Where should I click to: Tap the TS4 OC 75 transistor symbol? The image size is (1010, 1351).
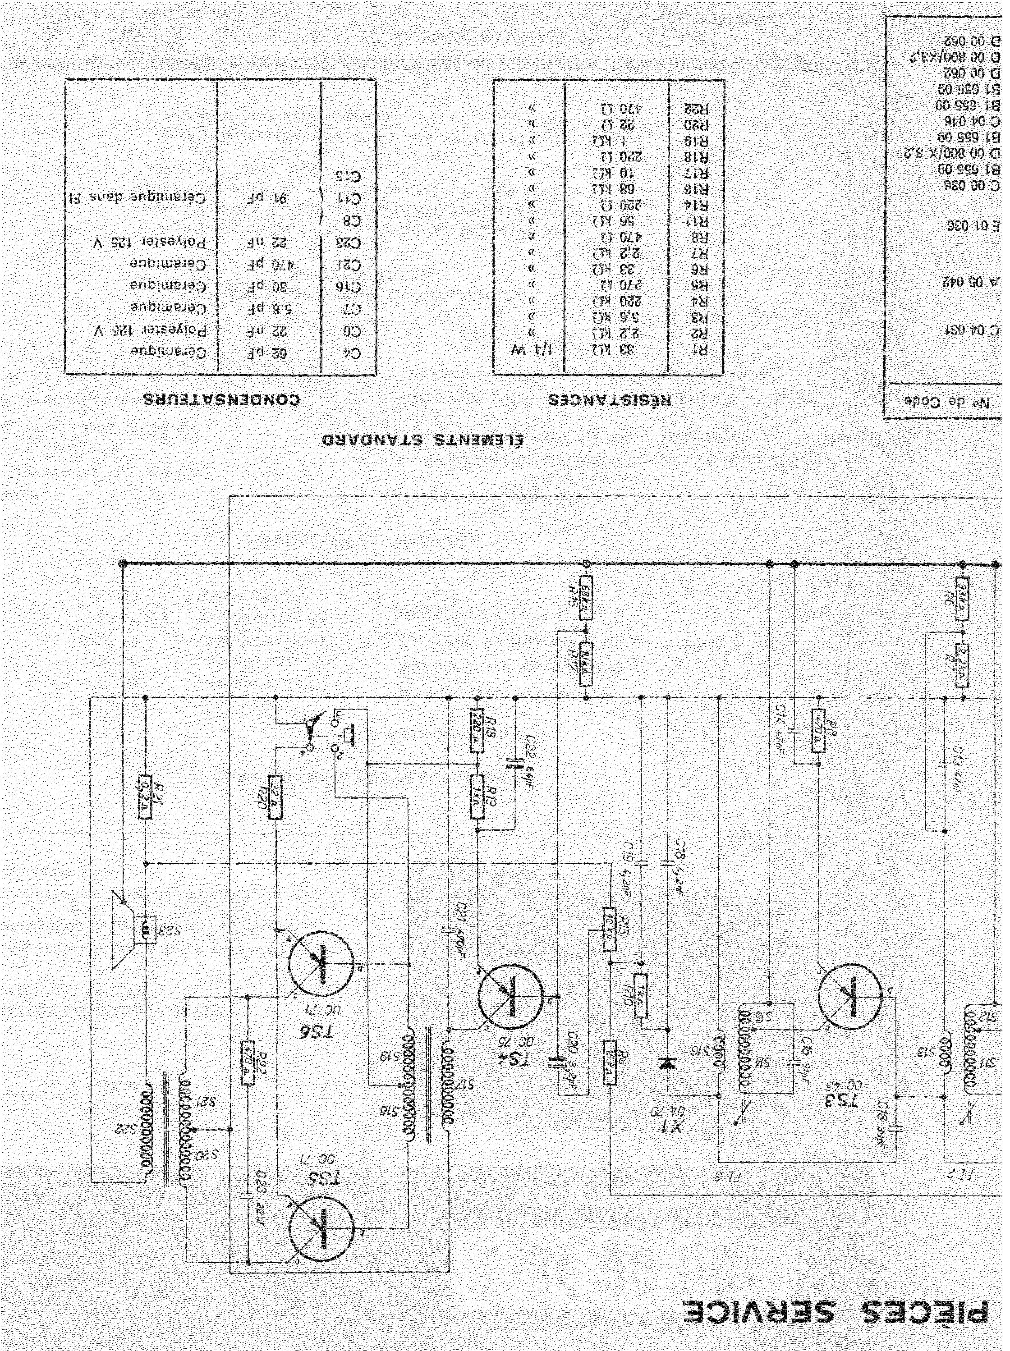[x=510, y=997]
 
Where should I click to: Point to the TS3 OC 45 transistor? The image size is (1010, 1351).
[x=850, y=996]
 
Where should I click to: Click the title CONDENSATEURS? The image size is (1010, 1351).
[x=222, y=400]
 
